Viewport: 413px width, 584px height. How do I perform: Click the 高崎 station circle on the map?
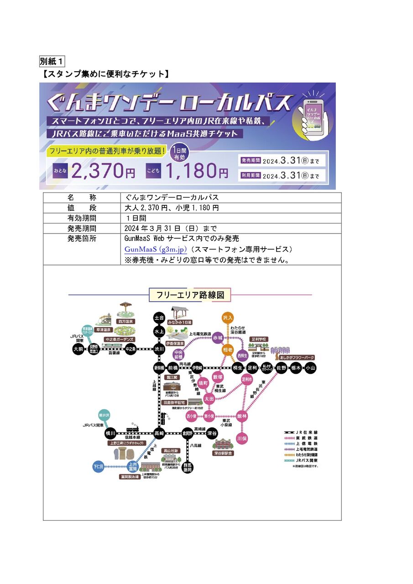pyautogui.click(x=159, y=433)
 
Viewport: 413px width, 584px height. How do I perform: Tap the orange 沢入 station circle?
pyautogui.click(x=228, y=317)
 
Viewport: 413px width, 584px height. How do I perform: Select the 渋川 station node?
pyautogui.click(x=159, y=349)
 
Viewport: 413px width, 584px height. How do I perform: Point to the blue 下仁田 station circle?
pyautogui.click(x=99, y=467)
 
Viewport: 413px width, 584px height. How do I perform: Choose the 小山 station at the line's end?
pyautogui.click(x=310, y=368)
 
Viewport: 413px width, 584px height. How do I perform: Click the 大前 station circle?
pyautogui.click(x=78, y=349)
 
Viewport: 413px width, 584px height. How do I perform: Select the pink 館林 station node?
pyautogui.click(x=241, y=416)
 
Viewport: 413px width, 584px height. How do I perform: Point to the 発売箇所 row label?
pyautogui.click(x=82, y=239)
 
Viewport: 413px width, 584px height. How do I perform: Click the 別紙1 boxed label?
pyautogui.click(x=52, y=61)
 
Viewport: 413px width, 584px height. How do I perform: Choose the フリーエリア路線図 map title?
pyautogui.click(x=190, y=295)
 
